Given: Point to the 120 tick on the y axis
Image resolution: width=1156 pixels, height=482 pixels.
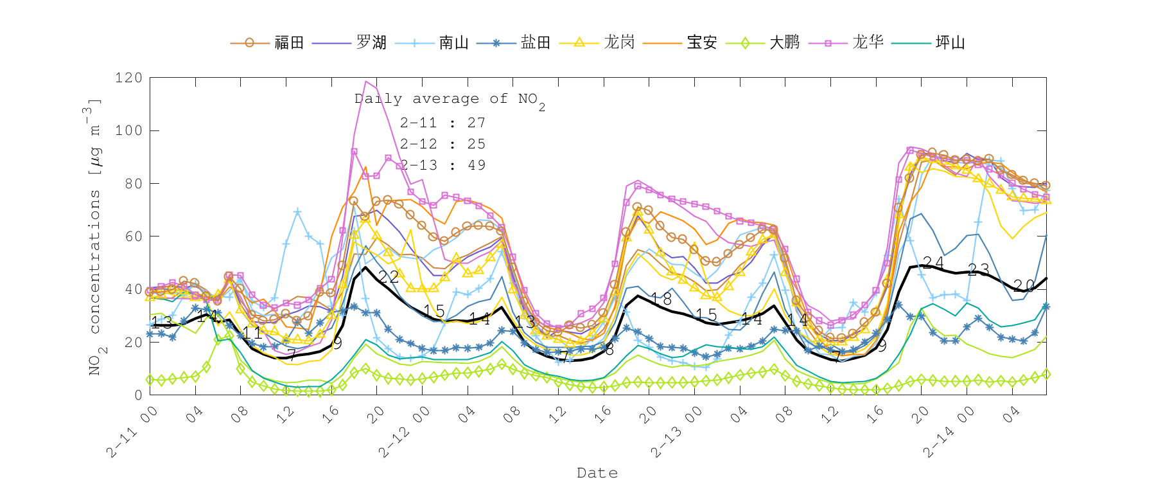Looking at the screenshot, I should click(x=128, y=78).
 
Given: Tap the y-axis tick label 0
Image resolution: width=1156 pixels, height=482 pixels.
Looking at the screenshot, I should click(x=138, y=395).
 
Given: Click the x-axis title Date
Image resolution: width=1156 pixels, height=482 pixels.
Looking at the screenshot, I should click(x=597, y=473).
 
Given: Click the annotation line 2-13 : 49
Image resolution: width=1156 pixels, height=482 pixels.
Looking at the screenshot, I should click(x=442, y=165).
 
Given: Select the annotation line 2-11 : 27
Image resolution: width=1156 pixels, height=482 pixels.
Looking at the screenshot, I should click(x=442, y=123).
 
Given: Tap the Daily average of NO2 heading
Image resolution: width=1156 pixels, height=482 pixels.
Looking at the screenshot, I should click(x=450, y=100).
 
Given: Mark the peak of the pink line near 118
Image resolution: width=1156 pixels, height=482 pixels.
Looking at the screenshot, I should click(x=366, y=82).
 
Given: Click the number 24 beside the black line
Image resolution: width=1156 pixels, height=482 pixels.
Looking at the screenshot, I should click(x=933, y=263).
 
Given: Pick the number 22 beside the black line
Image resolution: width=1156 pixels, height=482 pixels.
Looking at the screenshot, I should click(x=389, y=277).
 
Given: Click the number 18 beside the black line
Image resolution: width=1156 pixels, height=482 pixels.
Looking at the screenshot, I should click(x=661, y=299).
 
